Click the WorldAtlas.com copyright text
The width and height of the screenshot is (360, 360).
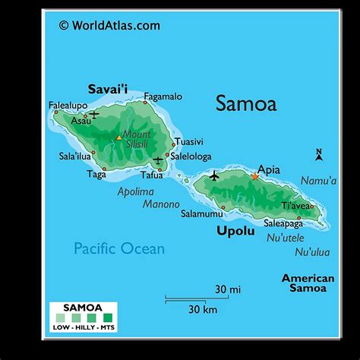[x=109, y=25]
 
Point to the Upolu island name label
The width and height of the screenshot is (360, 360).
[x=235, y=230]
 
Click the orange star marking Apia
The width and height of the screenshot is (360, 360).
[x=255, y=177]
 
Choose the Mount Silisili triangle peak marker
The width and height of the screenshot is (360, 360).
[x=118, y=137]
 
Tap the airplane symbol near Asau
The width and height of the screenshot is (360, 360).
[x=94, y=114]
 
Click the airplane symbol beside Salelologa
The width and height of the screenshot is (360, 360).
[x=158, y=160]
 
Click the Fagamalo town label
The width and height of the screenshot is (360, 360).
[x=163, y=96]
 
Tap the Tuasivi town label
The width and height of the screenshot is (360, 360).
[x=190, y=141]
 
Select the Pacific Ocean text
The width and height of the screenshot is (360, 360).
[x=118, y=248]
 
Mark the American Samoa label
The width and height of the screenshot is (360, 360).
[x=308, y=283]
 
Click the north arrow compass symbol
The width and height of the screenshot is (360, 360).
[x=319, y=155]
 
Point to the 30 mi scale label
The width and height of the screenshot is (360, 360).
[x=227, y=289]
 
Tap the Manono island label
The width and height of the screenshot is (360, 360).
[x=160, y=204]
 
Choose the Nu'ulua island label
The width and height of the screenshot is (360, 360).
[x=312, y=251]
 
